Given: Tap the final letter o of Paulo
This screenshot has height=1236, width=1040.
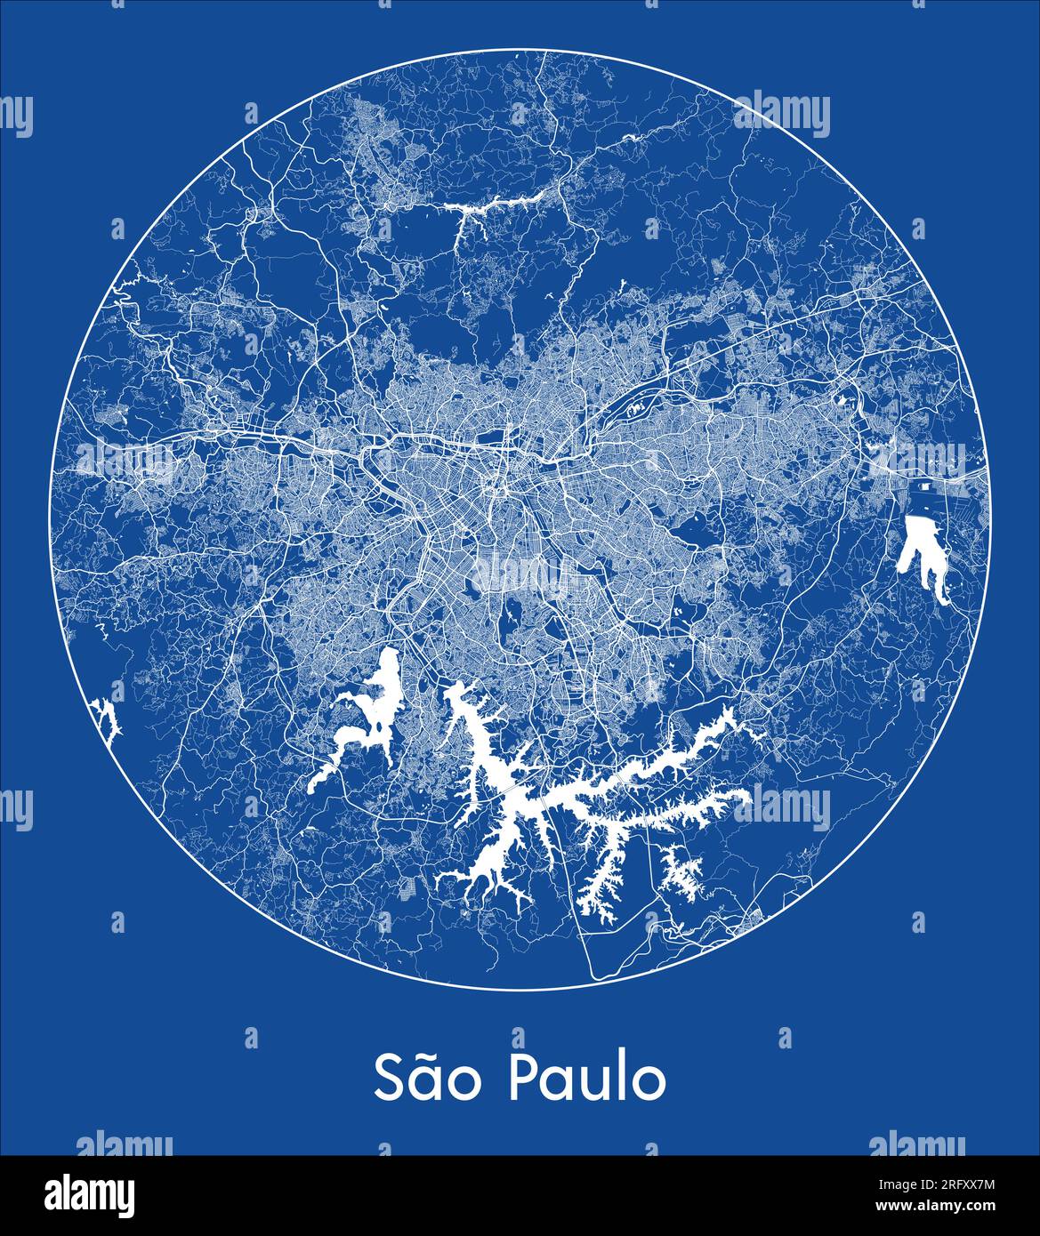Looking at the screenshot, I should [648, 1081].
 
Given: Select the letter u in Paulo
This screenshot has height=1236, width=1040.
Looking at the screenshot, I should [597, 1081].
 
